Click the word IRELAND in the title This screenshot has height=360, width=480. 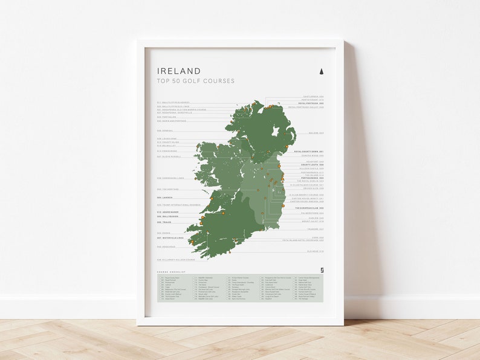(179, 71)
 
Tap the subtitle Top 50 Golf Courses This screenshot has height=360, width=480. (195, 81)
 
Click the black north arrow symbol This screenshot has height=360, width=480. (321, 71)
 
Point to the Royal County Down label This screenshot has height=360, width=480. (309, 151)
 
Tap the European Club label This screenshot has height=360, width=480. (310, 208)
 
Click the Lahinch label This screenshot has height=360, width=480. (165, 197)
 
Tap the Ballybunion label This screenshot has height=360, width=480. (168, 216)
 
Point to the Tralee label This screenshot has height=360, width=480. (164, 222)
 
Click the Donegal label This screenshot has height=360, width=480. (165, 130)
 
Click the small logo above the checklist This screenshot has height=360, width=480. (321, 271)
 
